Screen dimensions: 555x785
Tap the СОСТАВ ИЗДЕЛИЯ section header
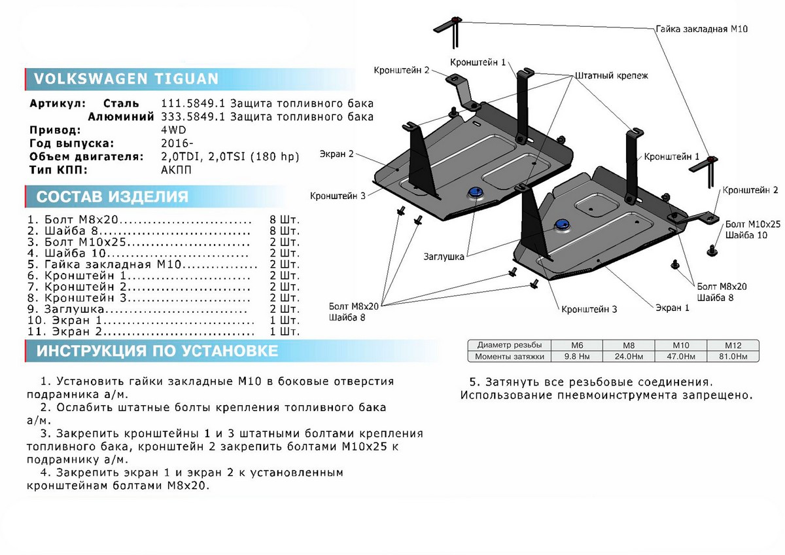pos(112,197)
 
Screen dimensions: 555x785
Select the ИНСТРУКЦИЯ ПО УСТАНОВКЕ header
pos(157,351)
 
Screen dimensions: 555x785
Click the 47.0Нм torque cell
pos(682,357)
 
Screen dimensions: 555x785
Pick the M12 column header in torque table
pos(732,345)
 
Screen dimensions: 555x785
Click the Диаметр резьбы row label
pos(509,345)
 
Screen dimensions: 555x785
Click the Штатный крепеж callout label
pos(612,76)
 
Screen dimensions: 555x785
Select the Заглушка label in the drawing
pos(447,257)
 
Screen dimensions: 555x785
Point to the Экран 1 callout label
pos(673,307)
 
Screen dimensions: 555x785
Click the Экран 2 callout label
pos(337,155)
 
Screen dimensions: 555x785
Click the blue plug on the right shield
pos(561,224)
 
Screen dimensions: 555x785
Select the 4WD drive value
pos(173,130)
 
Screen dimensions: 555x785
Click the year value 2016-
pos(177,143)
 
